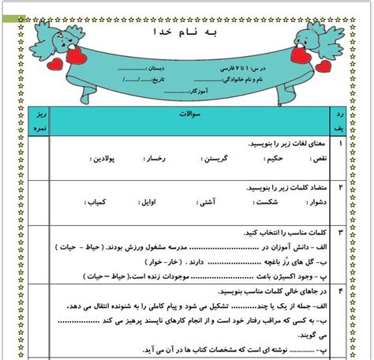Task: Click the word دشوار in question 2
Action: [x=314, y=203]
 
